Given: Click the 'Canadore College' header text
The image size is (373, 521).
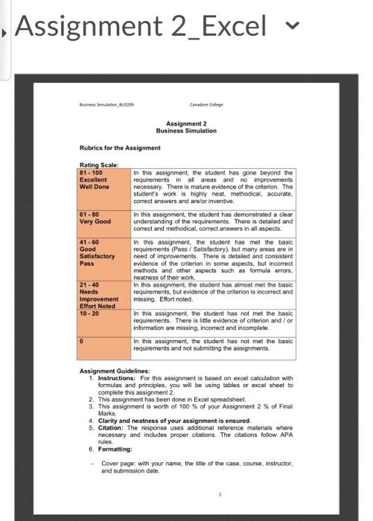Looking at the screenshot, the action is (205, 106).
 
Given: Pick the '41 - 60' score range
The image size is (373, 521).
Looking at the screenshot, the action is (90, 242).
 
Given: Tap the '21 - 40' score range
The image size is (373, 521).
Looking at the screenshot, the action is (90, 285).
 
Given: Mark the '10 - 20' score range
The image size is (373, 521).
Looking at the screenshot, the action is (90, 312).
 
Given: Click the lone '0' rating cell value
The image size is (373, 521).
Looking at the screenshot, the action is (82, 340).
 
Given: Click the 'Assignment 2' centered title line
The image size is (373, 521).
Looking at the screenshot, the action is (186, 124).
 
